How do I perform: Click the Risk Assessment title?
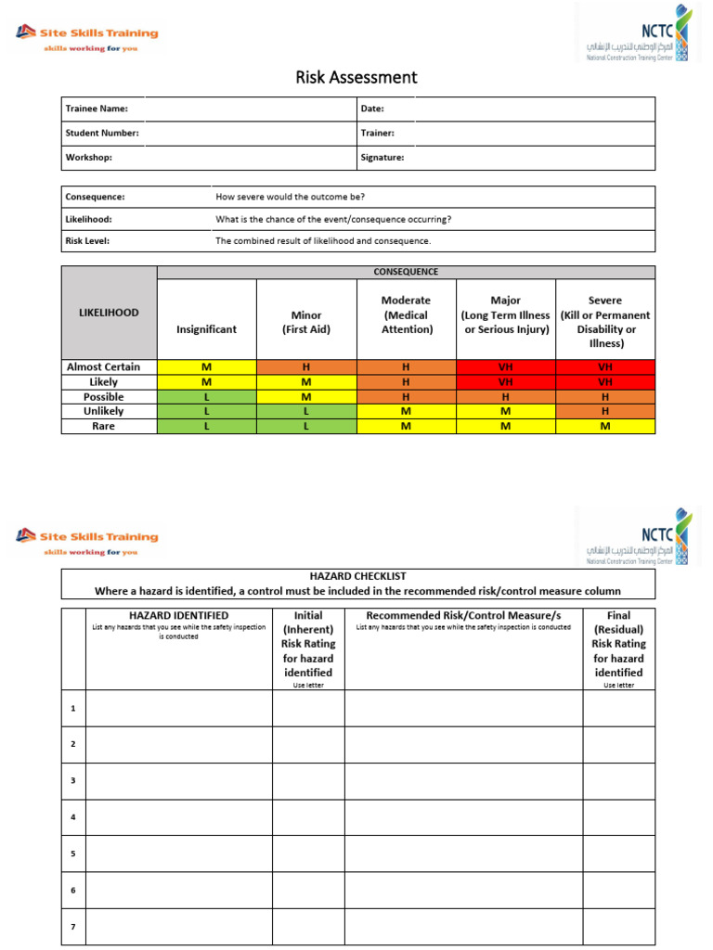click(356, 77)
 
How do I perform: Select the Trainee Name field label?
click(90, 109)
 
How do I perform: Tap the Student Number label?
click(102, 133)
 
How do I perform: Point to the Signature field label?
click(382, 158)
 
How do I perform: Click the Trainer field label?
click(377, 133)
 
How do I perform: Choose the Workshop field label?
click(88, 158)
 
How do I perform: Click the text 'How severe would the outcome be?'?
click(290, 197)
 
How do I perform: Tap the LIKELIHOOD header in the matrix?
click(109, 313)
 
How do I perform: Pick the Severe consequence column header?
click(605, 321)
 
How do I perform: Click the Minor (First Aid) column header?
click(305, 321)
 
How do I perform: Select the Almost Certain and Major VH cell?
click(505, 366)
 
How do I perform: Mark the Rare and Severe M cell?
click(605, 426)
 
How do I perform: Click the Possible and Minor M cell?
click(305, 396)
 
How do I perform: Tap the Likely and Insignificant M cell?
click(206, 381)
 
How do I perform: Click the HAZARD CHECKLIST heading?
click(357, 576)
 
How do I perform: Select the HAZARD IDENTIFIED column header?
click(179, 615)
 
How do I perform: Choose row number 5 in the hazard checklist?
click(72, 854)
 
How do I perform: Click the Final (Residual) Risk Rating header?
click(618, 643)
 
